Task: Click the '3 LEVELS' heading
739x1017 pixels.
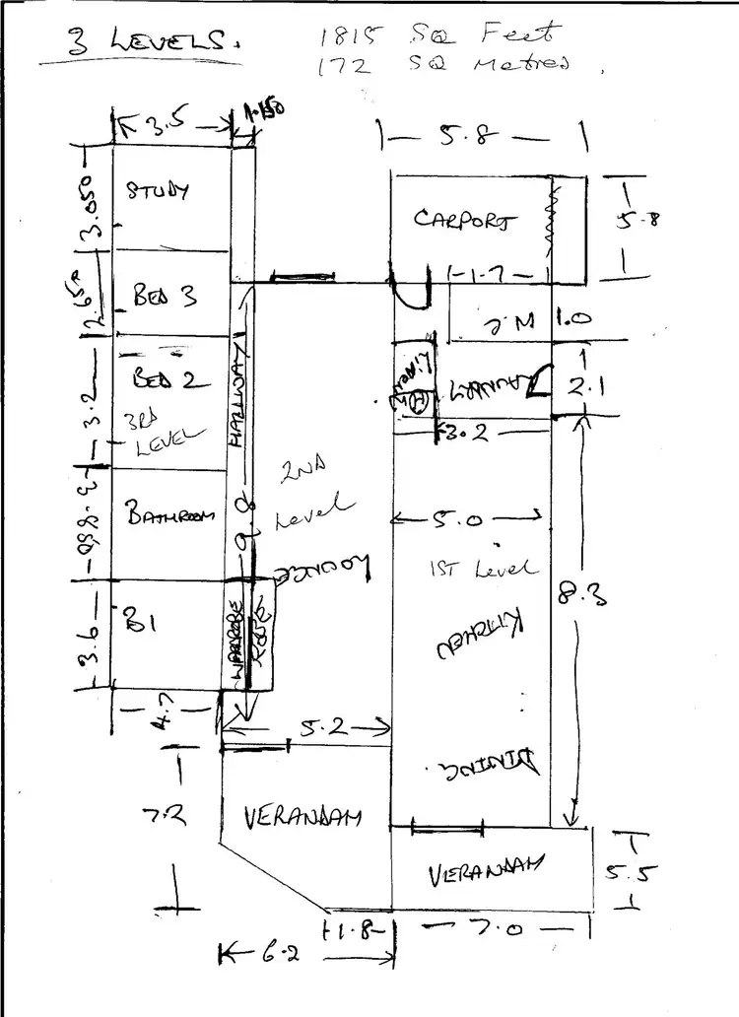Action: [138, 42]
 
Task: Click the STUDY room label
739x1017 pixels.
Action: [157, 191]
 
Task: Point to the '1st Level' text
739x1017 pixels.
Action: [484, 568]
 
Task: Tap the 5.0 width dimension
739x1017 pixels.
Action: [469, 518]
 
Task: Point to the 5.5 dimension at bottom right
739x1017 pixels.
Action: [626, 872]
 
